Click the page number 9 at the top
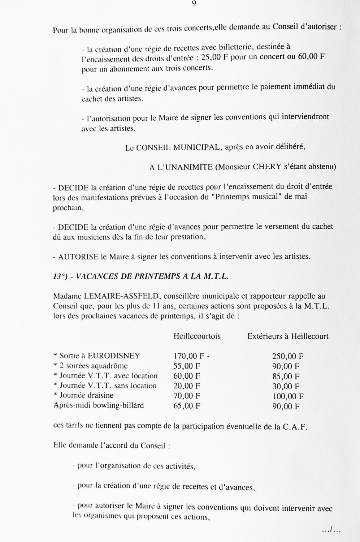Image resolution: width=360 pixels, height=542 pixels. click(x=194, y=3)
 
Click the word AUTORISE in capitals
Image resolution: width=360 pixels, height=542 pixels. click(x=78, y=257)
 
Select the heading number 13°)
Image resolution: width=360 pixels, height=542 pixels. click(x=61, y=276)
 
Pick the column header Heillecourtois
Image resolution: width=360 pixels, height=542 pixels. click(x=197, y=336)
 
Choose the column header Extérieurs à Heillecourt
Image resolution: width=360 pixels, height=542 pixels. click(x=288, y=336)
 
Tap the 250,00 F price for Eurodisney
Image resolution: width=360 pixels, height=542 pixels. click(x=287, y=357)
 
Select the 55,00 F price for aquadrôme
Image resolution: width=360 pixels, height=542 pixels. click(x=187, y=366)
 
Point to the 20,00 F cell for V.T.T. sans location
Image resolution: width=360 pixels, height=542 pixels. click(x=187, y=386)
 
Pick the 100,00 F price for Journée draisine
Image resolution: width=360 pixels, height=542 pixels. click(x=287, y=396)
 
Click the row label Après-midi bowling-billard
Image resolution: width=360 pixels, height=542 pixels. click(x=98, y=405)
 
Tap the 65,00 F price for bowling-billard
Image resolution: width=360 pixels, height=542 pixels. click(x=187, y=406)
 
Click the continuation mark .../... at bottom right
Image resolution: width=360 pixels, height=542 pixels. click(x=331, y=530)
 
